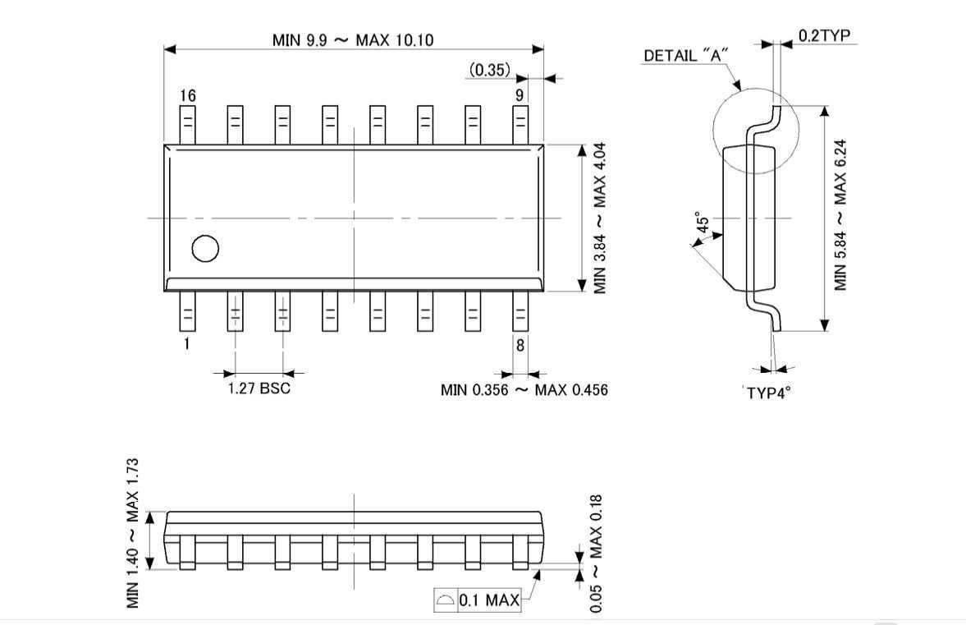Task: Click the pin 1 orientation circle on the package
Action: pos(205,248)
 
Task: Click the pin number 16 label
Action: pos(188,95)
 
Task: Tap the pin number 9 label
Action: pos(520,95)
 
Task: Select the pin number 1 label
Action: pos(186,343)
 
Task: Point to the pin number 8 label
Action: pos(520,345)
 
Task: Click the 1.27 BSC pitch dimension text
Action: pos(259,389)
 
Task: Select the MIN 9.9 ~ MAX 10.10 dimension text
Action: pos(353,40)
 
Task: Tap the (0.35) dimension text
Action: pos(490,70)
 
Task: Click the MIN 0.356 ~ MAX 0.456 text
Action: pos(524,390)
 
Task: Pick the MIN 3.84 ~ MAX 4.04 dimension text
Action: pos(599,218)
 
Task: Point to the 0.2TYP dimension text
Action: pos(824,36)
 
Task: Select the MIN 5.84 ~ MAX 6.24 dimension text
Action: pos(840,214)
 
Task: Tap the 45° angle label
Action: pos(703,223)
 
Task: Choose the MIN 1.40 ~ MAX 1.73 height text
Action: pos(133,533)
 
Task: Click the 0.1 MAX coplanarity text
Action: pos(489,600)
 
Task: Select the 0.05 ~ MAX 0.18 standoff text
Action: pos(596,554)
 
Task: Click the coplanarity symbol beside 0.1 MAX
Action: pos(446,600)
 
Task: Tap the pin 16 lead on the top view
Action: pos(187,125)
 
